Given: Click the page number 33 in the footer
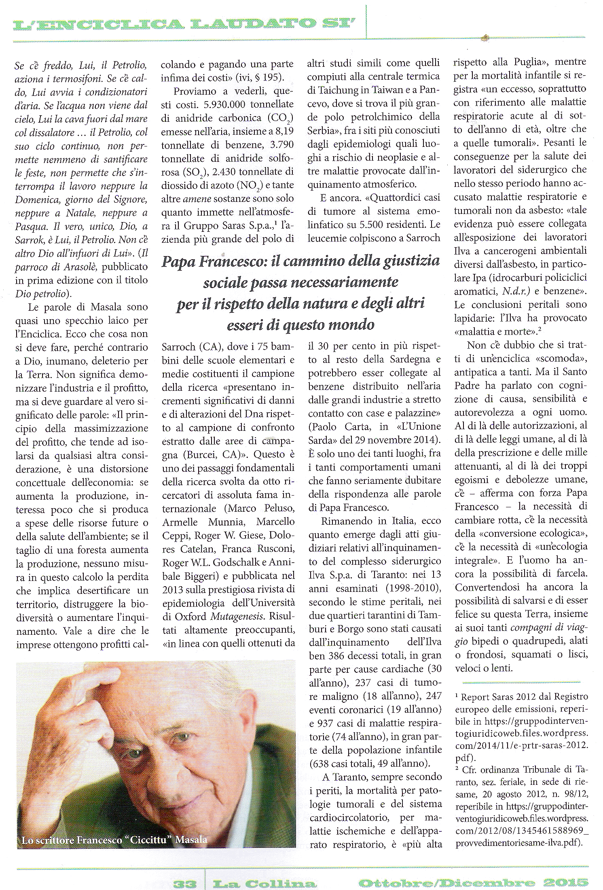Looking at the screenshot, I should tap(185, 883).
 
